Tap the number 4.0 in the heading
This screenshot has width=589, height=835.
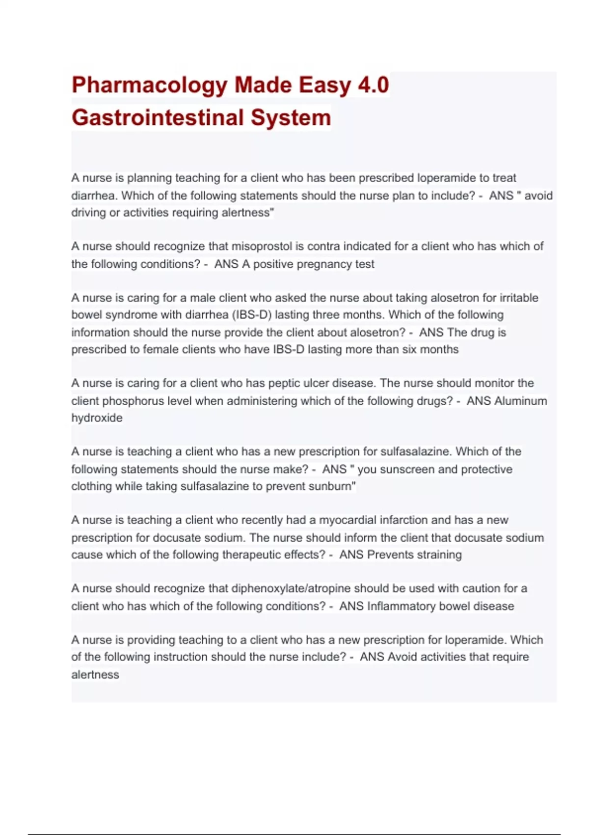click(x=373, y=84)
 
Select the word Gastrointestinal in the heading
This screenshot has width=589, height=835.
click(x=158, y=118)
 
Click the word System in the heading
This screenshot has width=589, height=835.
click(x=291, y=118)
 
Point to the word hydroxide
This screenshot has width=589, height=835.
click(x=97, y=418)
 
